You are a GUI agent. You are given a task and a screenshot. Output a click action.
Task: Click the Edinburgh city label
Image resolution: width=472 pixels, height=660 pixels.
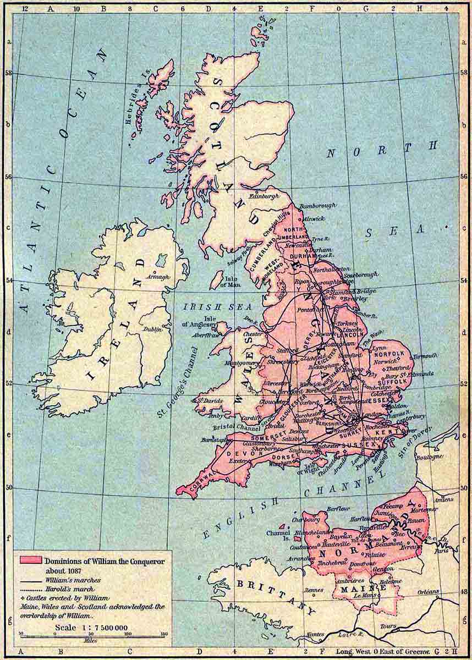click(262, 196)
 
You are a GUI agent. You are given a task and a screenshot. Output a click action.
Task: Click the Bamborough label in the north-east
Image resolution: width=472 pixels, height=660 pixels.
click(317, 206)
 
